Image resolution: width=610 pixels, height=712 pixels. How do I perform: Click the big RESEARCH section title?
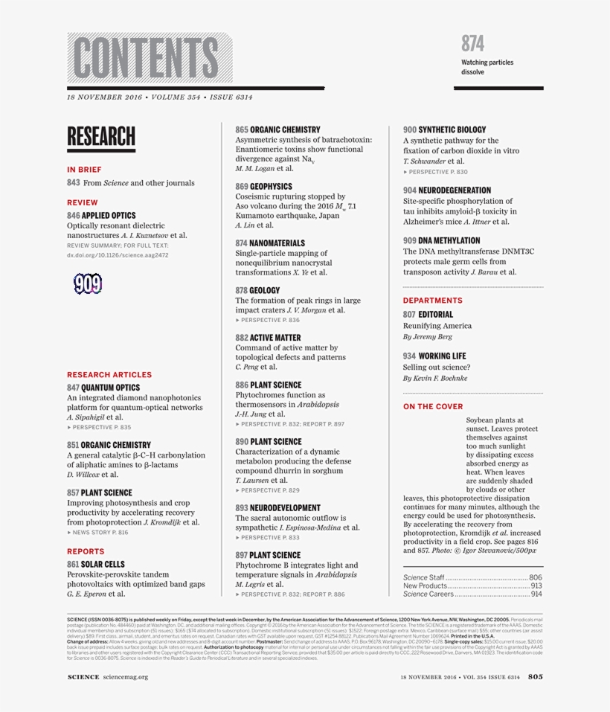(101, 137)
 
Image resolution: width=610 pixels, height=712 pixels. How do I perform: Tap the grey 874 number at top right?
(472, 43)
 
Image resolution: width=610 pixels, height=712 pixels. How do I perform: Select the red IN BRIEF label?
(84, 170)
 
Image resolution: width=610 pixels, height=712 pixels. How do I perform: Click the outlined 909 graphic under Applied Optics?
(88, 283)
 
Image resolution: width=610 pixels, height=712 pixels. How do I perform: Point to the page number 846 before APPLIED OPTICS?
(73, 216)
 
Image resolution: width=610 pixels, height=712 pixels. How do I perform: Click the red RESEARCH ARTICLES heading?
(109, 375)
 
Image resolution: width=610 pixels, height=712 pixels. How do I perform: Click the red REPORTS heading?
(86, 551)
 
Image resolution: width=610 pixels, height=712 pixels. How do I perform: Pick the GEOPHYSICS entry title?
(271, 187)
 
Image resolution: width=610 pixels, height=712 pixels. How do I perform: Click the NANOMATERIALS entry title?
(277, 243)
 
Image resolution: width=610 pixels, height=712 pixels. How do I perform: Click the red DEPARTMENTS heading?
(433, 301)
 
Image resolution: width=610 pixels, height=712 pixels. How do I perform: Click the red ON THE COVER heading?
(433, 407)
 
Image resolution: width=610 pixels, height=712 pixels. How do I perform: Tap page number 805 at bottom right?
(536, 676)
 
